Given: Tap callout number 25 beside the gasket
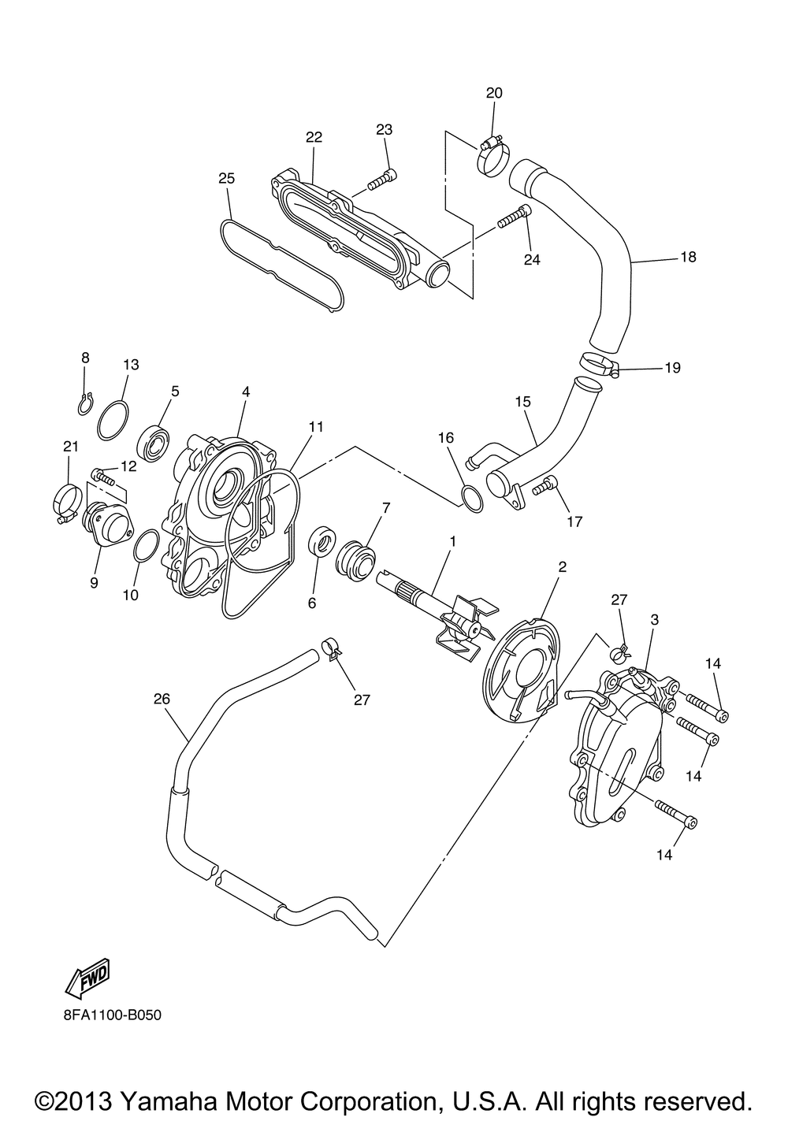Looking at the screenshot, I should click(227, 179).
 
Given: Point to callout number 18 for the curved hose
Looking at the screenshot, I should click(688, 257).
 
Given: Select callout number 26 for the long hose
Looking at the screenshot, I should click(162, 698).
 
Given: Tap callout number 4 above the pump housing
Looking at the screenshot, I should click(246, 391).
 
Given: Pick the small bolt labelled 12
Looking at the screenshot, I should click(103, 477).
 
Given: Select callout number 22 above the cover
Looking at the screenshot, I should click(314, 137).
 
